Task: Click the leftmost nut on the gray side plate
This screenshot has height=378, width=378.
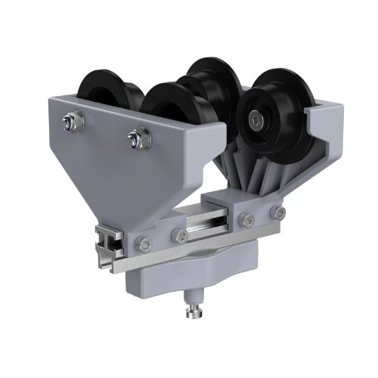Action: [71, 119]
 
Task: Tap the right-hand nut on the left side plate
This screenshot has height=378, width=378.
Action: [137, 137]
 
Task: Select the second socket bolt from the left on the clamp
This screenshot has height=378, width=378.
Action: [180, 236]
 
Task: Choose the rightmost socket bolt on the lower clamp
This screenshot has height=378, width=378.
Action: [280, 214]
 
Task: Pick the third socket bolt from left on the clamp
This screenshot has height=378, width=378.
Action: [247, 221]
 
